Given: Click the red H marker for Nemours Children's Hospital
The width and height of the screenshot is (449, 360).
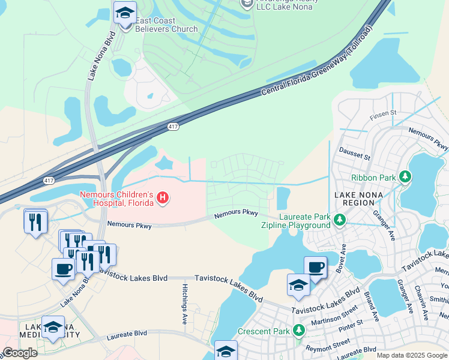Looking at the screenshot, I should click(162, 197).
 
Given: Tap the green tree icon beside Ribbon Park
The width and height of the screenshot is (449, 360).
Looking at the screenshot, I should click(406, 177).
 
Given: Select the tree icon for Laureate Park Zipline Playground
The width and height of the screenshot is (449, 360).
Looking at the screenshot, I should click(339, 220).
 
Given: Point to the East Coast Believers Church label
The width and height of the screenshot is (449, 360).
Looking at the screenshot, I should click(166, 25).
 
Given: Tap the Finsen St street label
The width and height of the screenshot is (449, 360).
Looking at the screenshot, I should click(384, 113).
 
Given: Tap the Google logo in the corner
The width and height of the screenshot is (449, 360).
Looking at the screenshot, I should click(20, 353).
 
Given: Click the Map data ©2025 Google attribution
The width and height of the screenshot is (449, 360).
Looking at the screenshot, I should click(411, 355).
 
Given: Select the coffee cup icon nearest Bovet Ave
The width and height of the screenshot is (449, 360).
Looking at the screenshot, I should click(315, 267).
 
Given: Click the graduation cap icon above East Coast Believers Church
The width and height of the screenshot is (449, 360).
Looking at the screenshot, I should click(125, 13).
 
